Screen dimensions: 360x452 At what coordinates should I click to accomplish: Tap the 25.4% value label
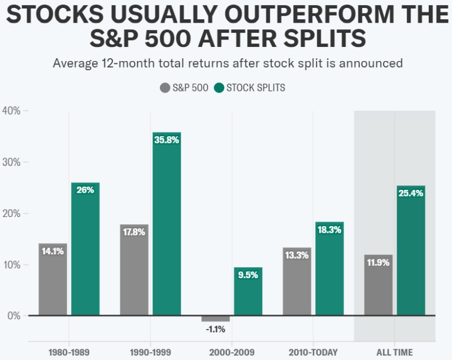click(411, 193)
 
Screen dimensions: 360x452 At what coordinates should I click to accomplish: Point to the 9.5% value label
click(248, 276)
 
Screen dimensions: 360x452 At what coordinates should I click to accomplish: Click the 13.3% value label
click(297, 255)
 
